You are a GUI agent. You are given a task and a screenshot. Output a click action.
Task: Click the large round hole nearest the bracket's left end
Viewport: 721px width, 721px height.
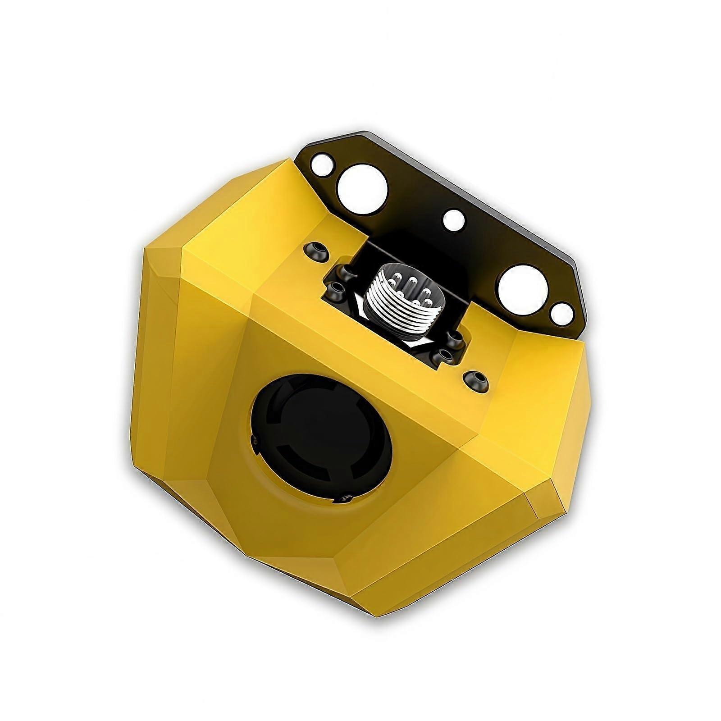coord(362,189)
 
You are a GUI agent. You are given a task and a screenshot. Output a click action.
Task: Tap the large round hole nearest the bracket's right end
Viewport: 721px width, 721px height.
coord(523,290)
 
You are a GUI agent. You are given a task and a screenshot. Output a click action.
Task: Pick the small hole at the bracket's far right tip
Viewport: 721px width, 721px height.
coord(562,314)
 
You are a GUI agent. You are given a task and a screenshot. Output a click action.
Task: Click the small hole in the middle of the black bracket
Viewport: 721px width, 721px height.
coord(454,220)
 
